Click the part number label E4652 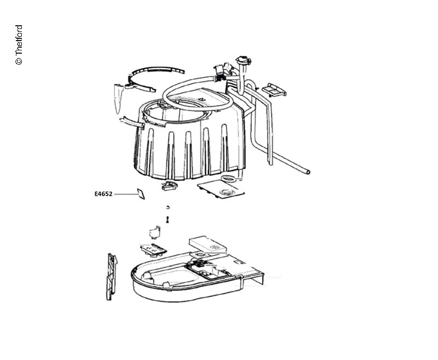click(103, 193)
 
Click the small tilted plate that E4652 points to click(141, 193)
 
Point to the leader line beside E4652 click(125, 193)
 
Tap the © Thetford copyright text click(19, 45)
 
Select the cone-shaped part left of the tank click(118, 99)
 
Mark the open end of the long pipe click(308, 172)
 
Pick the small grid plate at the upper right click(274, 90)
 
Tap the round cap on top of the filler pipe click(243, 60)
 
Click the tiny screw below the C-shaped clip click(168, 220)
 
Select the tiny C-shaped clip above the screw click(168, 207)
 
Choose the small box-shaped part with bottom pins click(154, 232)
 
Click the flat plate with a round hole click(221, 189)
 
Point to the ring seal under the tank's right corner click(229, 178)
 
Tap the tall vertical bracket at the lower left click(112, 276)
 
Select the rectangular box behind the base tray click(208, 244)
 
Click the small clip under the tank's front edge click(169, 185)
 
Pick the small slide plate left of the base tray click(153, 249)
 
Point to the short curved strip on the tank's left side click(132, 122)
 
